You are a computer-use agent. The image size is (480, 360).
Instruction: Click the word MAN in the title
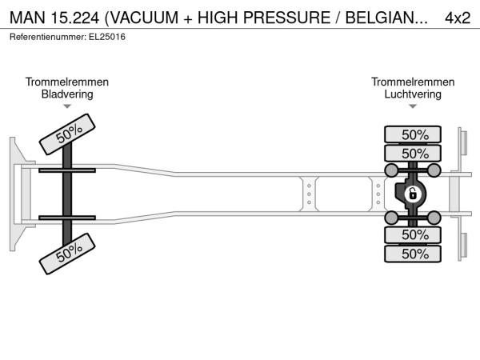(27, 18)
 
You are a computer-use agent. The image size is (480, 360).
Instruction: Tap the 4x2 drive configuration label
(458, 18)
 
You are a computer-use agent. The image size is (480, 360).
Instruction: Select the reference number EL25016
(107, 37)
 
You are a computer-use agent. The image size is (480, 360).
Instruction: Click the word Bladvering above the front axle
(67, 94)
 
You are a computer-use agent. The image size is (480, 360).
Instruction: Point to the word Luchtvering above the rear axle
(413, 94)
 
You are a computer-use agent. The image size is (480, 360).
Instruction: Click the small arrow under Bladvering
(67, 106)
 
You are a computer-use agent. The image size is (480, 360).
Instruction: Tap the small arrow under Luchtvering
(413, 106)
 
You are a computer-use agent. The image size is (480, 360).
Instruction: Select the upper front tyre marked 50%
(67, 134)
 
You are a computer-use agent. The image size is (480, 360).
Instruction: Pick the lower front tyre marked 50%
(67, 254)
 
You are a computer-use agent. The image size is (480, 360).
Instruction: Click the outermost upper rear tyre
(413, 134)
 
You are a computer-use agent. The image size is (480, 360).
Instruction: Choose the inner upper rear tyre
(413, 153)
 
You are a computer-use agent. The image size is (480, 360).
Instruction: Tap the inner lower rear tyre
(413, 234)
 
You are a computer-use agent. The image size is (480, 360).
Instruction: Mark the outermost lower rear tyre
(413, 254)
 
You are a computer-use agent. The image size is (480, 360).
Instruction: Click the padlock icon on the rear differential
(412, 194)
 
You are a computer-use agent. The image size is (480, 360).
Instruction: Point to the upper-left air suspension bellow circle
(391, 170)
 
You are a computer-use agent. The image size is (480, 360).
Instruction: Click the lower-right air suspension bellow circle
(434, 218)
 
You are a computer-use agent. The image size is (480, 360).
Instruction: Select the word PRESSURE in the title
(287, 18)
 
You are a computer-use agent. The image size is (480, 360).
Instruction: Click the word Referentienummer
(48, 37)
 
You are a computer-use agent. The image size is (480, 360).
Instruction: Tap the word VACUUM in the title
(144, 18)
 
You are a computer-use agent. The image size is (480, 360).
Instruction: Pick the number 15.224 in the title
(75, 18)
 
